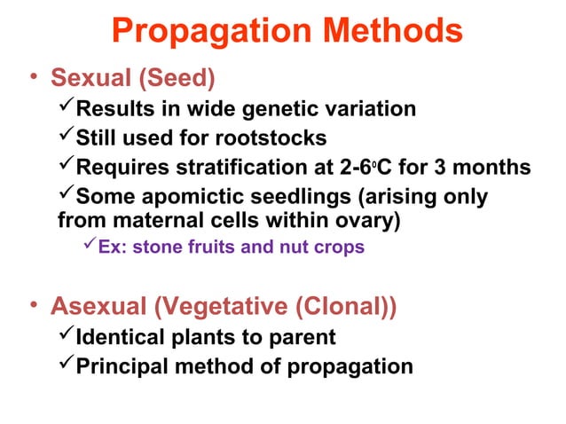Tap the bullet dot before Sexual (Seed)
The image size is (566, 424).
point(31,80)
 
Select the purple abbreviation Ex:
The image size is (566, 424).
point(113,247)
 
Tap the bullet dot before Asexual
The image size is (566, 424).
point(31,308)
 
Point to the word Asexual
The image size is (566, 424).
point(98,308)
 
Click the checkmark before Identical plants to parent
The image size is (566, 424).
point(65,337)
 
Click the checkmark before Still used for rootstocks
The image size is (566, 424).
point(65,137)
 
